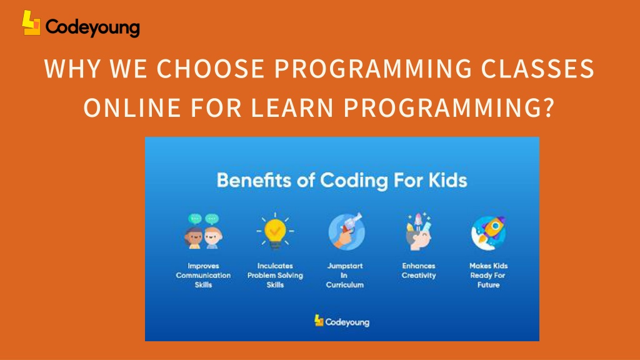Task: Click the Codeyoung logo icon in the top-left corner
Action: [31, 23]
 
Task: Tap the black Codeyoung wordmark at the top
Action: [92, 27]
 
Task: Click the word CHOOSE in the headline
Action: [211, 68]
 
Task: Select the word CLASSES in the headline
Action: [537, 68]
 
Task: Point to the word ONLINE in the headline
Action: [132, 107]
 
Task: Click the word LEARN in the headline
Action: [292, 107]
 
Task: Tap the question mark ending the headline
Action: [549, 107]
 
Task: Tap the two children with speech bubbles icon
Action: [204, 231]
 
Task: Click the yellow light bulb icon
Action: [275, 231]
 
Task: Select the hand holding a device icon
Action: [346, 231]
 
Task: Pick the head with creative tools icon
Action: [418, 231]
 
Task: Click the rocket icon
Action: [489, 232]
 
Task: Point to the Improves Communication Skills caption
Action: [203, 276]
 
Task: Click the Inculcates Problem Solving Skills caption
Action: [275, 276]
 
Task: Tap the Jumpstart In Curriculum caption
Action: [345, 276]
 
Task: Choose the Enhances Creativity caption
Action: [419, 271]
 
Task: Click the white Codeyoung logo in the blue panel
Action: [342, 321]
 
